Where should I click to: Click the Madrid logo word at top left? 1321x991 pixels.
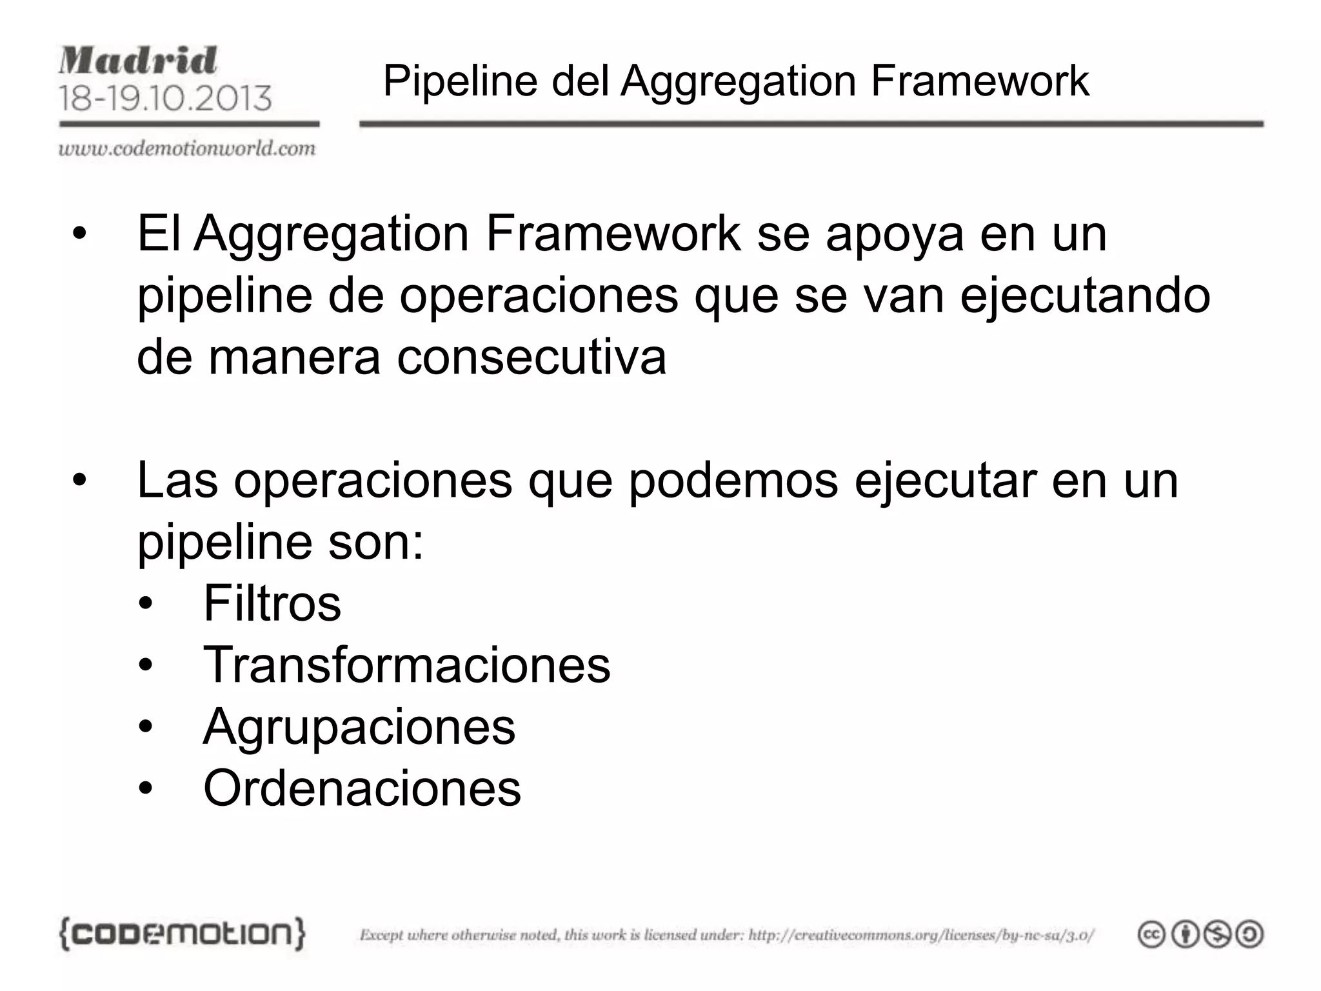click(138, 61)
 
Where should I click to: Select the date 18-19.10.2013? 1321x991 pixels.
click(165, 98)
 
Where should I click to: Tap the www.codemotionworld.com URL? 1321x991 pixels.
click(187, 149)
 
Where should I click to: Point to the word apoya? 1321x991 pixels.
click(895, 234)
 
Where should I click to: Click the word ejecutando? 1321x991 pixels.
click(1085, 295)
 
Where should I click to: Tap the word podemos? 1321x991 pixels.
click(733, 481)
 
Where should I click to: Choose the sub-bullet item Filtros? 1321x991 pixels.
click(272, 603)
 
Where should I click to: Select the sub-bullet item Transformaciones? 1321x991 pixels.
click(406, 665)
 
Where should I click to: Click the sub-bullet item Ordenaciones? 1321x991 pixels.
click(362, 788)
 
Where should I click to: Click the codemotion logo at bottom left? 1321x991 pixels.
click(182, 934)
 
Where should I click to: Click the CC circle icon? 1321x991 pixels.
click(1151, 935)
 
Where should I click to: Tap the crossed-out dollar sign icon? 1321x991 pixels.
click(1218, 935)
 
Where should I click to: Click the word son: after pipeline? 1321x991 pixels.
click(375, 543)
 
